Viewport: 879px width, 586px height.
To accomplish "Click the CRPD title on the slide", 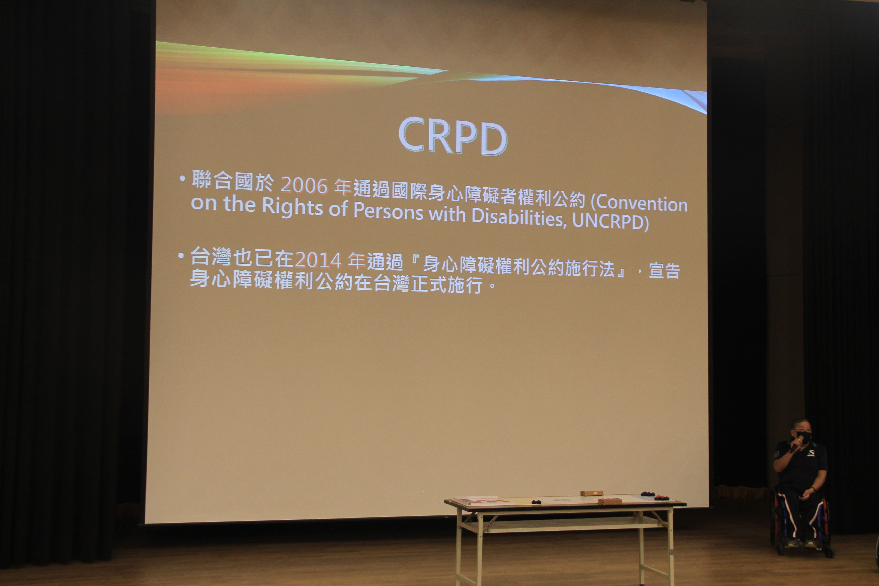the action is coord(453,136).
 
